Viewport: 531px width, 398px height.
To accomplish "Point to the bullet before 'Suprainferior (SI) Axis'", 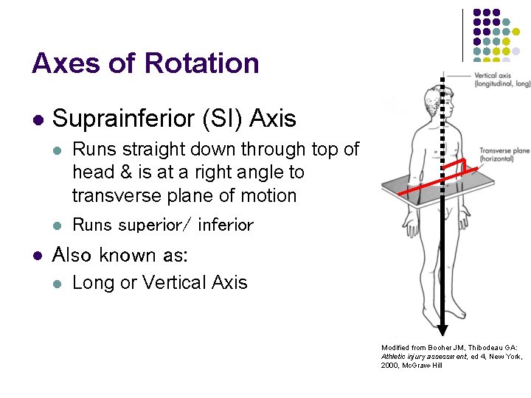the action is [36, 119].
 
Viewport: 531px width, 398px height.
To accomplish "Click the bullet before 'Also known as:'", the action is [36, 256].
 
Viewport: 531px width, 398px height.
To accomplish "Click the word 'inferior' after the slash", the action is [225, 226].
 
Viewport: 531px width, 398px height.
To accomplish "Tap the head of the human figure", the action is [434, 95].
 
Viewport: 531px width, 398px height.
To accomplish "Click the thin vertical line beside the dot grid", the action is [463, 35].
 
